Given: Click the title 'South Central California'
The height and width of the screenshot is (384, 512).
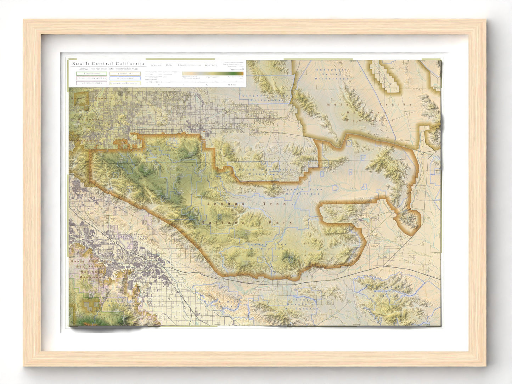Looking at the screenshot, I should (x=108, y=64).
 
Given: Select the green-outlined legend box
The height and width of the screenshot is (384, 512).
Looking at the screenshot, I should (x=91, y=74).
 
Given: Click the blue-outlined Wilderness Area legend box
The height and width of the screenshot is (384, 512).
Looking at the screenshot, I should (x=125, y=78).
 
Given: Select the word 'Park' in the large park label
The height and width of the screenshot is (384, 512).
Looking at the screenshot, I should (x=285, y=223).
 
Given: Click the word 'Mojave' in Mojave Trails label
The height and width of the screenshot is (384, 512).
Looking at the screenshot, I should (x=338, y=105).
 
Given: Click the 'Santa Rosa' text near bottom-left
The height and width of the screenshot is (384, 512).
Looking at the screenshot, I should (x=80, y=261).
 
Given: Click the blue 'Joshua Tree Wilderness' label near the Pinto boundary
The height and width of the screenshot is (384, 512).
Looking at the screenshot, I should (x=300, y=192).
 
